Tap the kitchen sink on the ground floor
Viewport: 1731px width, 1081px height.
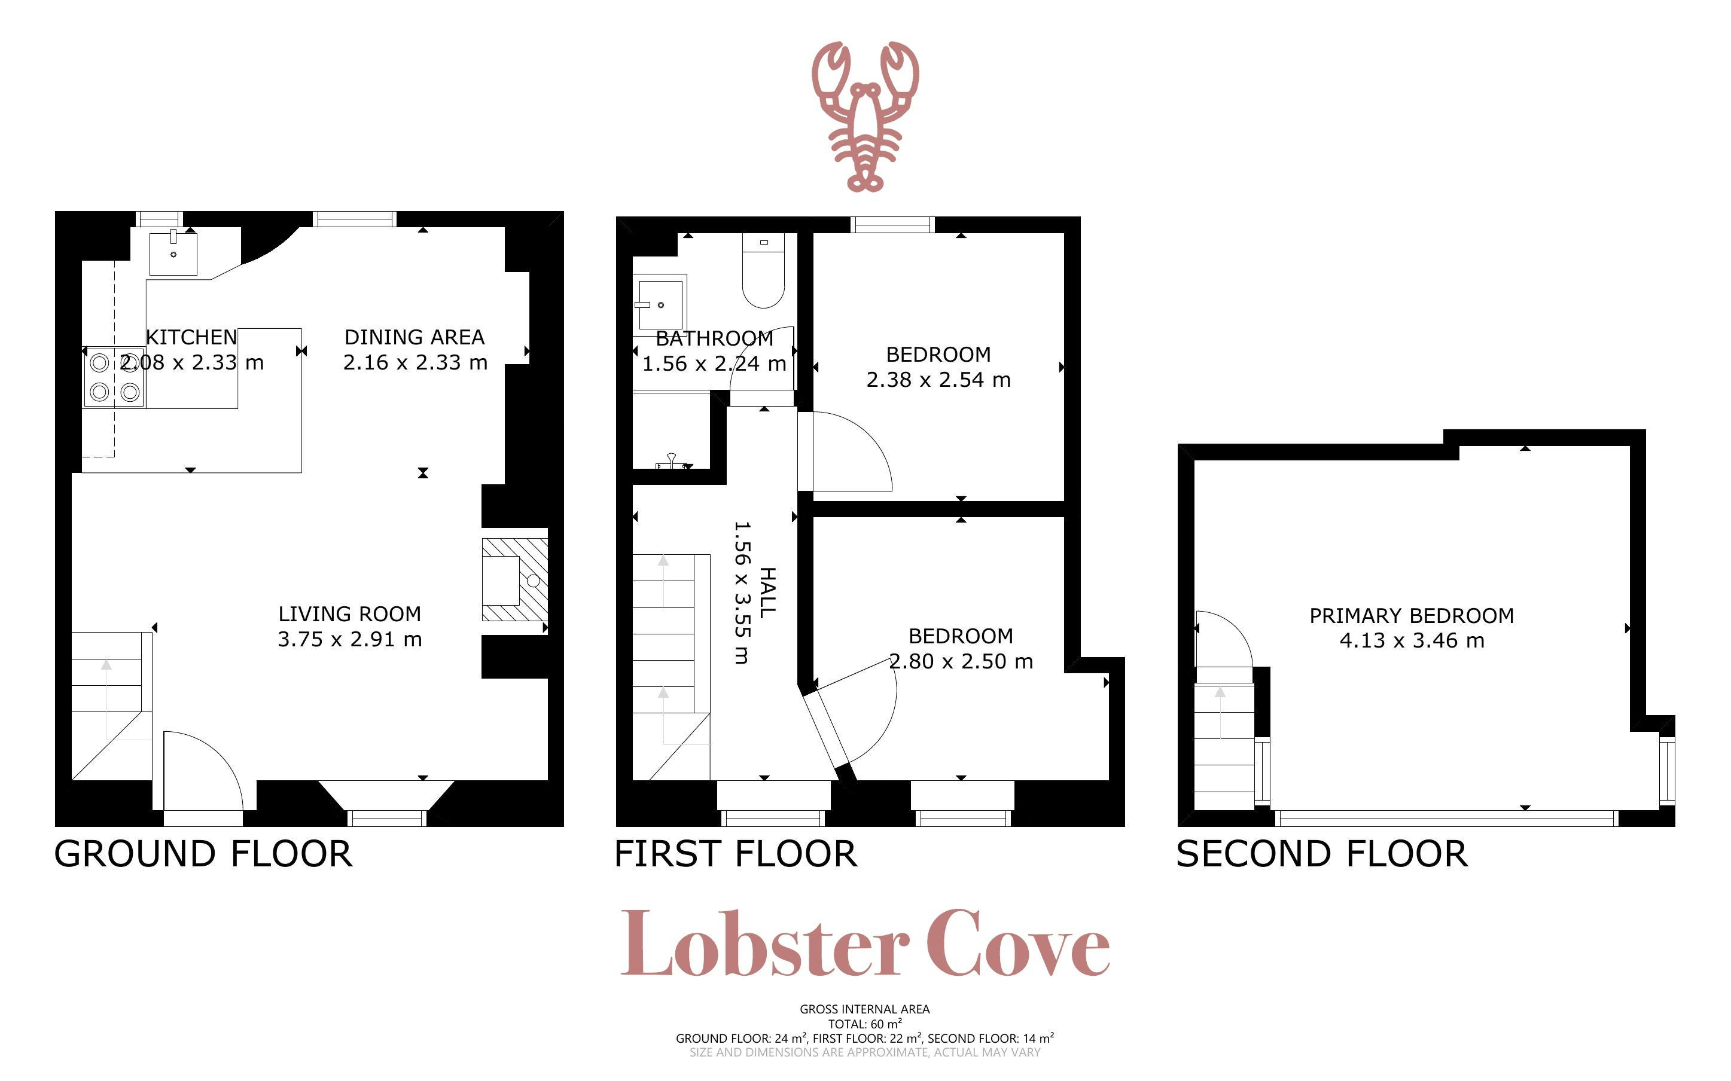[173, 253]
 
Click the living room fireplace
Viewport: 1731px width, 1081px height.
[513, 579]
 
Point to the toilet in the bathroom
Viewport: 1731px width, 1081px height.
[764, 271]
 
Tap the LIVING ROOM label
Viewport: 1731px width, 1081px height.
[350, 613]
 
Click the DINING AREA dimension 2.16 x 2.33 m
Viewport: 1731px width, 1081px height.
[416, 362]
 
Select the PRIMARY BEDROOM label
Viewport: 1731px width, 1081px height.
[1412, 616]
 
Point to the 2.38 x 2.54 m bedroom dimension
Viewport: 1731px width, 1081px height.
[938, 380]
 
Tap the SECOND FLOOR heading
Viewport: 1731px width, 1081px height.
[1322, 854]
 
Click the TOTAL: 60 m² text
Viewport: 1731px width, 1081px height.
[864, 1024]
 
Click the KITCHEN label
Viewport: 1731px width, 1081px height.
[191, 337]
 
